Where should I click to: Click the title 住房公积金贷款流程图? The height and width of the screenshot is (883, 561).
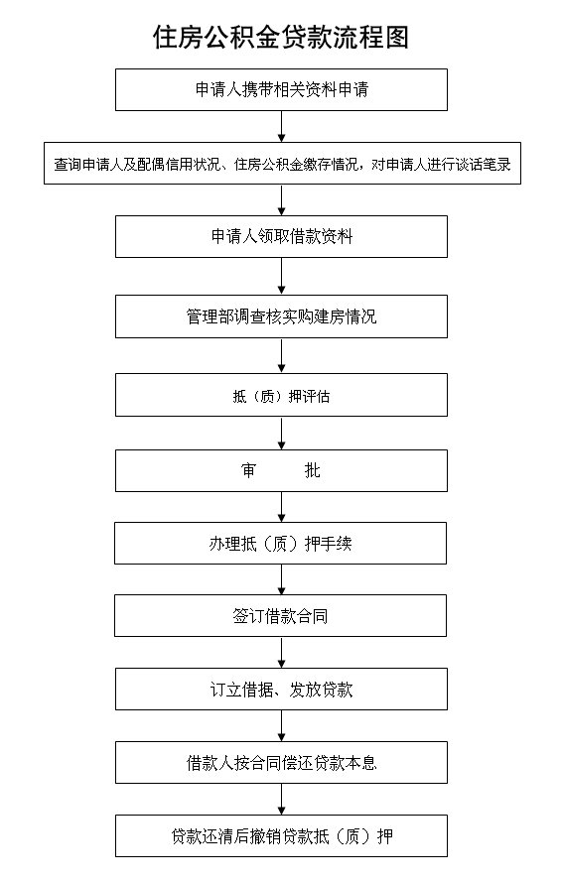click(x=281, y=37)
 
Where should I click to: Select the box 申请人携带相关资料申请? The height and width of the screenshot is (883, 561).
click(x=281, y=89)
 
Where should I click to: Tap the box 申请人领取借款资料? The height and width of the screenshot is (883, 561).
click(x=281, y=236)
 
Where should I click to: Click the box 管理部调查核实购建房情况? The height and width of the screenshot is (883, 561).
click(x=281, y=316)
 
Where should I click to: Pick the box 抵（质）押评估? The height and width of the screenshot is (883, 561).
click(x=281, y=395)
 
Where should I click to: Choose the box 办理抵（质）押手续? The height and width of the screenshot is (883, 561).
click(x=281, y=543)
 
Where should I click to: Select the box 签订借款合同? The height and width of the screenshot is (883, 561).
click(x=281, y=615)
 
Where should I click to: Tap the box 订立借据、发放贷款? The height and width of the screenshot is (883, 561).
click(x=281, y=690)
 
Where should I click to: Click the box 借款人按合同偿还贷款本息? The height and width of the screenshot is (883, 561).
click(x=281, y=763)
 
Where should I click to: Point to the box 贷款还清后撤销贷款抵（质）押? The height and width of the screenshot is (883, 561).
click(x=281, y=835)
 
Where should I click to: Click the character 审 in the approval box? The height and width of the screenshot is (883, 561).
click(x=248, y=470)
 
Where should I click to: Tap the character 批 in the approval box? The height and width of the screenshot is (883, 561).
click(x=313, y=470)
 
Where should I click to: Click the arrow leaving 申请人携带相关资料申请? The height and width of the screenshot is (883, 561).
click(x=281, y=127)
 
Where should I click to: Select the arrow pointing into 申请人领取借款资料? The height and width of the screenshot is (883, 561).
click(x=281, y=199)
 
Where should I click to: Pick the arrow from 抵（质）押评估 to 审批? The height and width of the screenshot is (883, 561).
click(x=281, y=433)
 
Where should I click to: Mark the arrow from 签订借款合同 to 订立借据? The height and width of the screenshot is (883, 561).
click(x=281, y=653)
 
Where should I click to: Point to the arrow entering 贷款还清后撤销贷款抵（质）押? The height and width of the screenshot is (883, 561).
click(x=281, y=799)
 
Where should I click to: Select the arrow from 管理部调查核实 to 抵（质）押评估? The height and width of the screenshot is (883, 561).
click(x=281, y=356)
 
